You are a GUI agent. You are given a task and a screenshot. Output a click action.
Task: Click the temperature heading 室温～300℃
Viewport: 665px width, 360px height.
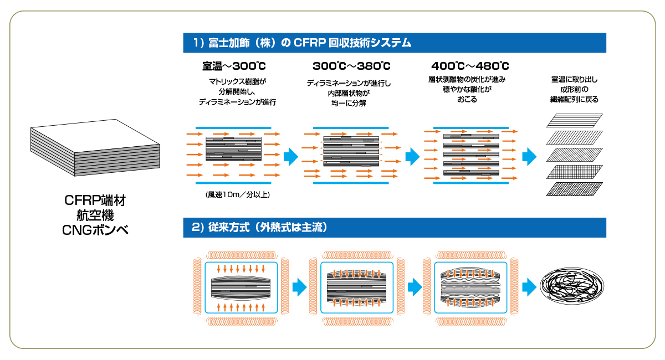234,66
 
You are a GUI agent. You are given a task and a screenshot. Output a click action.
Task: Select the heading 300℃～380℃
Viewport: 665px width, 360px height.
351,66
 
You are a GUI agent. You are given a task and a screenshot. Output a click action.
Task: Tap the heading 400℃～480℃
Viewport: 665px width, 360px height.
470,66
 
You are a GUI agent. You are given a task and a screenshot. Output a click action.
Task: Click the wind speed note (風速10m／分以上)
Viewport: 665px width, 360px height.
238,195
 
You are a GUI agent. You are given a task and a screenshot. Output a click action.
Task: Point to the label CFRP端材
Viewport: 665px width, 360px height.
95,200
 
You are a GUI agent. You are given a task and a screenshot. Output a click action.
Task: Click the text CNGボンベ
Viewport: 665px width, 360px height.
95,230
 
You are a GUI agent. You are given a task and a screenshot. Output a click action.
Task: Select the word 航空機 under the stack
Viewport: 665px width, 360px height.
95,215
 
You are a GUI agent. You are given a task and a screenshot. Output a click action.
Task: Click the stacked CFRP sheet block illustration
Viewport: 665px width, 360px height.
95,147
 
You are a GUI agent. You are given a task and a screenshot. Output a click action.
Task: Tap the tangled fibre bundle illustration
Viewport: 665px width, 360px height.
572,286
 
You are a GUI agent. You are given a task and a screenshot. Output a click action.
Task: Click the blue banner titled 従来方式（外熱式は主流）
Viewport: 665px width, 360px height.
395,228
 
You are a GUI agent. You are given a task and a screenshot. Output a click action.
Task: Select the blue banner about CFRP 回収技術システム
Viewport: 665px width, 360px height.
395,43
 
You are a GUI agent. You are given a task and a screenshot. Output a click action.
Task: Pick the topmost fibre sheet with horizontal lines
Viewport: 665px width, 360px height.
575,120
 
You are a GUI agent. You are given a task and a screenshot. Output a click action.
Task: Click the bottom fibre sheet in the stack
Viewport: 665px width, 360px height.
575,189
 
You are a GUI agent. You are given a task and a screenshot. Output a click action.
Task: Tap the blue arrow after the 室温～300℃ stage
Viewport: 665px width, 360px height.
291,156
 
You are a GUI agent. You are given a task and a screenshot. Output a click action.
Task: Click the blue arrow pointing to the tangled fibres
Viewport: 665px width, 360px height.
529,287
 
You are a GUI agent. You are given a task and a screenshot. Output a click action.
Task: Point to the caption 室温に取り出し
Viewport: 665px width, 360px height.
575,80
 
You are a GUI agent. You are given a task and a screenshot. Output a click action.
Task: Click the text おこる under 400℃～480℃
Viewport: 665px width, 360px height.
467,100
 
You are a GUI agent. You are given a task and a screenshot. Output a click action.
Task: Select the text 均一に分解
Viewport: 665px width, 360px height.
349,103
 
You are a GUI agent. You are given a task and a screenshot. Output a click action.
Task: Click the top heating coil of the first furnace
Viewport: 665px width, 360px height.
242,255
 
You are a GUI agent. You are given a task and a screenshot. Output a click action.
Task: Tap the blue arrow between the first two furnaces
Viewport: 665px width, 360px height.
300,287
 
